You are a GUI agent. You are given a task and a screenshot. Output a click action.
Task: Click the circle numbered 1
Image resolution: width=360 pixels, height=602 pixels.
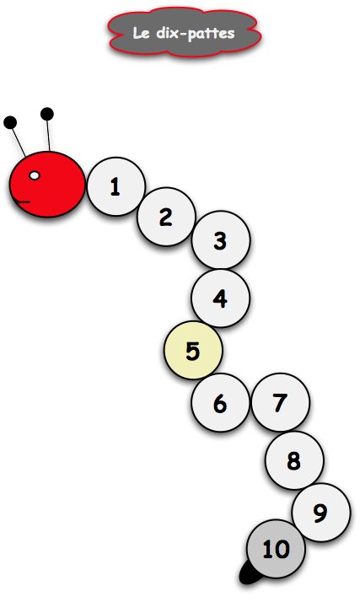coord(116,186)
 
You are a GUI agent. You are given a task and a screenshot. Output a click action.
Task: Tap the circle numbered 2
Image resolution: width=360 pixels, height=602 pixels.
coord(167,217)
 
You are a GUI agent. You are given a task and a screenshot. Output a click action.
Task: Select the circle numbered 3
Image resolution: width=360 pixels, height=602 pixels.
coord(221,240)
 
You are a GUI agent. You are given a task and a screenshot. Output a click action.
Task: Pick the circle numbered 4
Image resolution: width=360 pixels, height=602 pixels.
coord(221,298)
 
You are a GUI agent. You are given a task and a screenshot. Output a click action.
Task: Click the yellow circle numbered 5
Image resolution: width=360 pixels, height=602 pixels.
coord(193,351)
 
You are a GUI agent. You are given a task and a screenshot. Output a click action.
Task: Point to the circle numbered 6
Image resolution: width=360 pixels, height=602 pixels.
coord(221,403)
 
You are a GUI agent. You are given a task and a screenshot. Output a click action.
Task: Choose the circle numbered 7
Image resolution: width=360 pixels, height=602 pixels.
coord(281,402)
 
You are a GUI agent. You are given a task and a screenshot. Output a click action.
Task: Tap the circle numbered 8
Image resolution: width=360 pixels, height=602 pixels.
coord(294,460)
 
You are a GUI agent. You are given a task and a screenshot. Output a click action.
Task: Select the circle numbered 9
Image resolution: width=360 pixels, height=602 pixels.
coord(321,513)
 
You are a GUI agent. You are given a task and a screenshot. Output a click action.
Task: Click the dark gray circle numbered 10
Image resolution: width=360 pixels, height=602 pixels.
coord(277,549)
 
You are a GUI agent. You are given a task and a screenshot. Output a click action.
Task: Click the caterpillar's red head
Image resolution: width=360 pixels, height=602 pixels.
coord(47,185)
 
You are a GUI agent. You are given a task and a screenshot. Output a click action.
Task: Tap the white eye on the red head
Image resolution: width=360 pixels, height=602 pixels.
coord(35,175)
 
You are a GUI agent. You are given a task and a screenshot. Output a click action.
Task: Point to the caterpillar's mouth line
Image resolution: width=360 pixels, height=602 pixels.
coord(23,202)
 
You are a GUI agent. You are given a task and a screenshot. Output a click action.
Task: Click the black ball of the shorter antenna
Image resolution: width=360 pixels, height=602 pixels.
coord(10,122)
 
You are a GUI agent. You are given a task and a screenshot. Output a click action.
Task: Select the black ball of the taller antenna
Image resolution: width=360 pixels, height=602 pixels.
coord(47,114)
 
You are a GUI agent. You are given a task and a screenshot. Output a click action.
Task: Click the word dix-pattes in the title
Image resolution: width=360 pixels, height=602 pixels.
coord(196,34)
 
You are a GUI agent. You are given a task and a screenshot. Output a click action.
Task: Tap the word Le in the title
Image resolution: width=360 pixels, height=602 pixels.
coord(141,33)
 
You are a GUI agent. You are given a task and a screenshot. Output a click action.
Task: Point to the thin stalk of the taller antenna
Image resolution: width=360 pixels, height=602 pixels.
coord(48,136)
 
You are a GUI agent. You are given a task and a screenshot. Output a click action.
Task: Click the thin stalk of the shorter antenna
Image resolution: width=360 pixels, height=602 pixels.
coord(19,142)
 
